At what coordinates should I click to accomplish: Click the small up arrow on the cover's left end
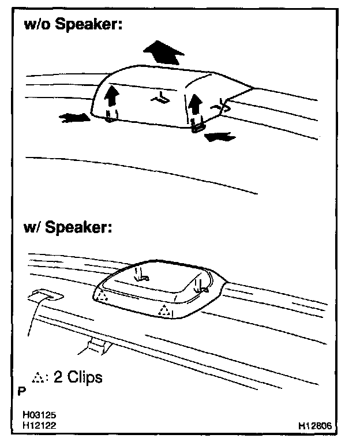tap(112, 96)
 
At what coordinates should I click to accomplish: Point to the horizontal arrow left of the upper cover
tap(74, 118)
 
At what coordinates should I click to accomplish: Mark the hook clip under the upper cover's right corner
tap(197, 126)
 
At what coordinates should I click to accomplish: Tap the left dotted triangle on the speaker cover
tap(102, 296)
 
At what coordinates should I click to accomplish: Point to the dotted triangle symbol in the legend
tap(39, 379)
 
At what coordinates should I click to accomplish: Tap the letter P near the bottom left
tap(21, 391)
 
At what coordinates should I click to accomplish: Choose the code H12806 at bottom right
tap(315, 425)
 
